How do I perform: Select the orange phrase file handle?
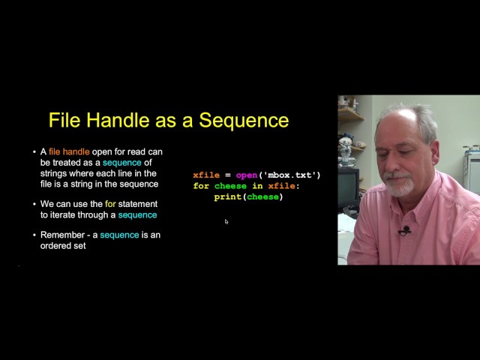69,151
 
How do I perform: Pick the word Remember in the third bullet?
64,235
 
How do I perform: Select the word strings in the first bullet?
55,173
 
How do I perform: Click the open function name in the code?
247,175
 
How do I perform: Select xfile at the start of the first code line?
205,175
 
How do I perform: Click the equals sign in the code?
227,175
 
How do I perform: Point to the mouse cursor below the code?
226,221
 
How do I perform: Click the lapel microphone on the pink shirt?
406,230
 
